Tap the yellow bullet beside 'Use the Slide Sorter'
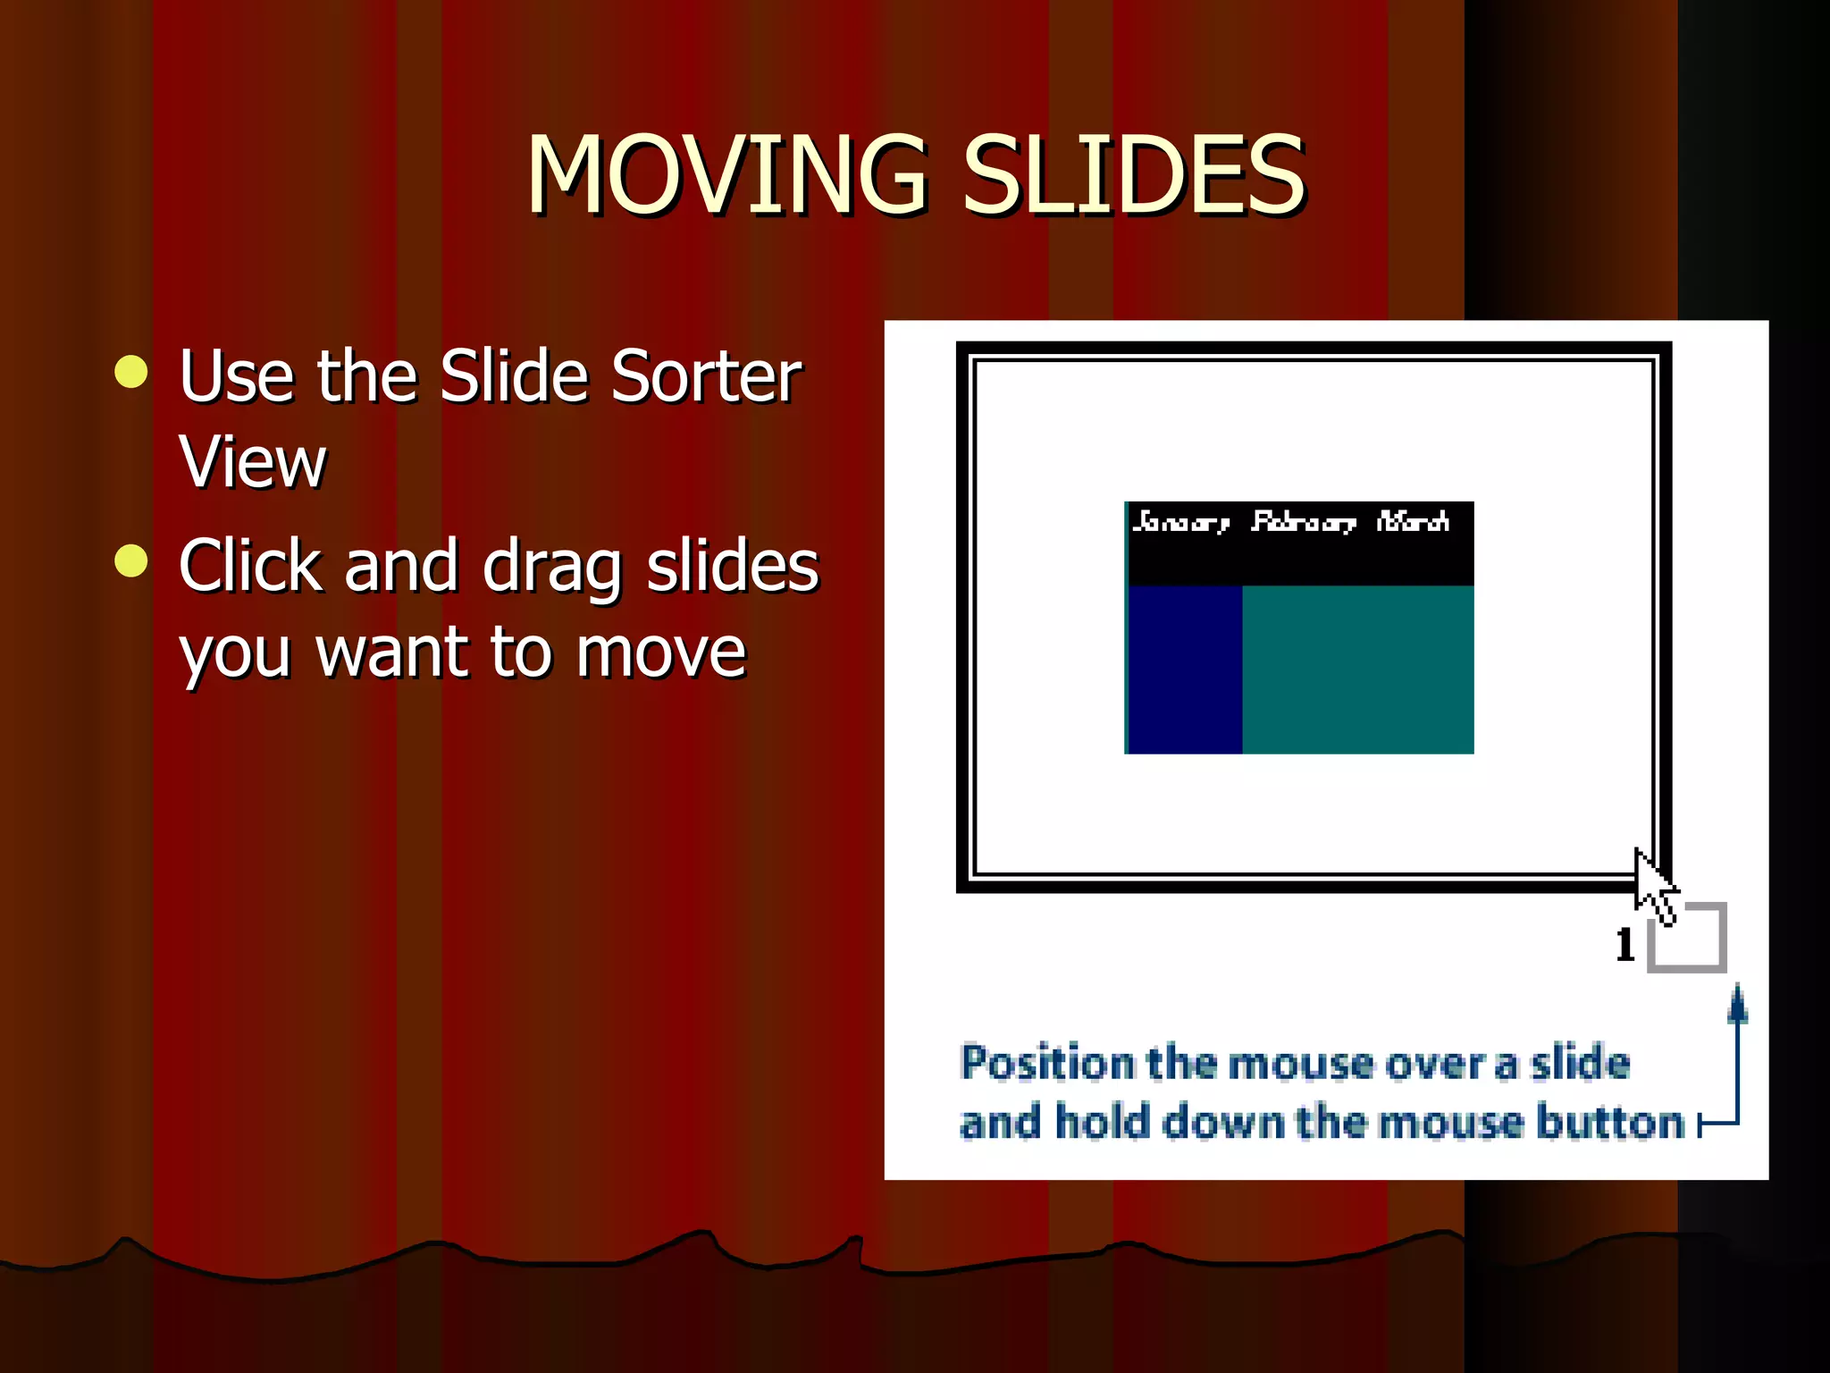tap(131, 372)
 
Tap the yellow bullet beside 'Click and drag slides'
tap(131, 561)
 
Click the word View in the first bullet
tap(253, 462)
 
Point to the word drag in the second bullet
tap(551, 567)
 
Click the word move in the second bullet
tap(660, 653)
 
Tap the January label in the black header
tap(1180, 521)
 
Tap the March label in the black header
tap(1413, 521)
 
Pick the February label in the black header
tap(1303, 521)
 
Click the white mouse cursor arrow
tap(1652, 885)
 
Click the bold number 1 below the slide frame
tap(1625, 945)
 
